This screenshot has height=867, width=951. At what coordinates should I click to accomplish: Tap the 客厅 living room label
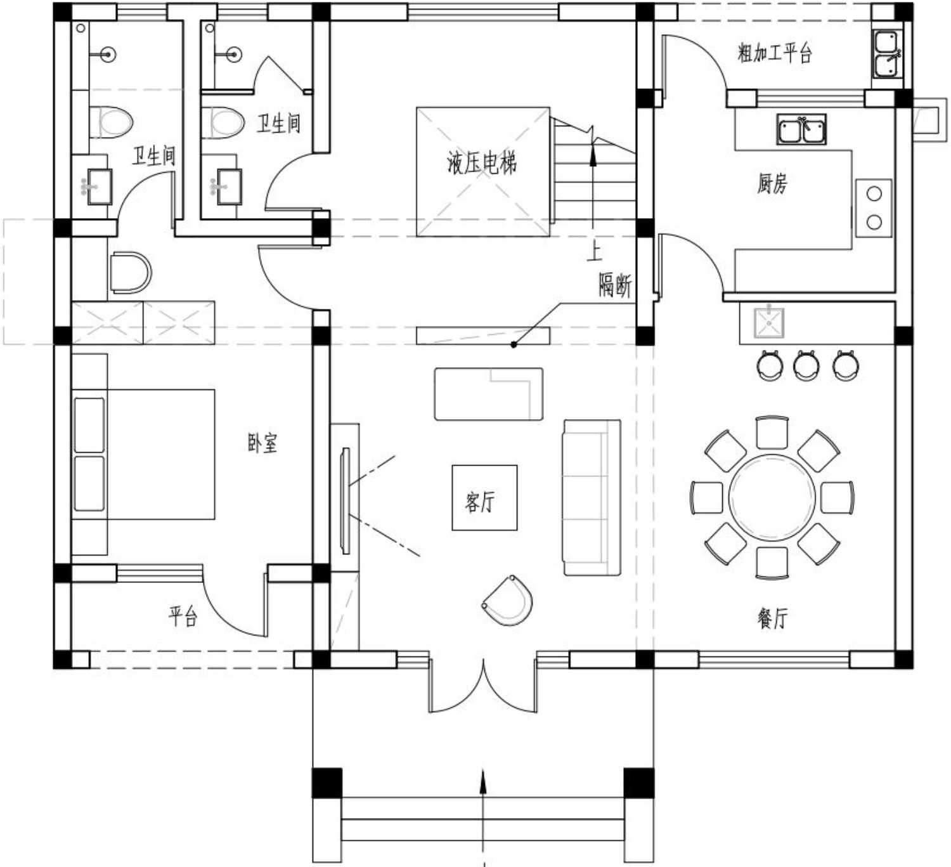[x=480, y=502]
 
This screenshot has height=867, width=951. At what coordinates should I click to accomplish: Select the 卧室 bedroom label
[x=262, y=443]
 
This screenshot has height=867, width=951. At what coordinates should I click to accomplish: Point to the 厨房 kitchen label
[x=772, y=183]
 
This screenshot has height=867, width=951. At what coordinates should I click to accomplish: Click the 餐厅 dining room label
[x=773, y=618]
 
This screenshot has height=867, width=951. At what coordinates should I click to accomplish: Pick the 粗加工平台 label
[x=775, y=53]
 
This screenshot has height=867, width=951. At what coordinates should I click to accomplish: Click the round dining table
[x=772, y=497]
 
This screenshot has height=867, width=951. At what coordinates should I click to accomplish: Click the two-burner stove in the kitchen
[x=873, y=208]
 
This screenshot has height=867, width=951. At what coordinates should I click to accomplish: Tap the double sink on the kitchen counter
[x=801, y=129]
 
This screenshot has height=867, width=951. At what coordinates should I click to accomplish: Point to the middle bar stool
[x=806, y=366]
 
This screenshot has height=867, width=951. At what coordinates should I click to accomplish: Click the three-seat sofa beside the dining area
[x=592, y=497]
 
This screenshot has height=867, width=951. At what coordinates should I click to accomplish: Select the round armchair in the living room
[x=508, y=601]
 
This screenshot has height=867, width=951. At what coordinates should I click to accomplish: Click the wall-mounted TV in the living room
[x=346, y=500]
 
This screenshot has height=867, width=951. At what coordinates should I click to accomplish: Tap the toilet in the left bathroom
[x=112, y=122]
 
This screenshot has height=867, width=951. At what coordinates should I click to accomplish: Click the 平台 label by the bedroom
[x=183, y=616]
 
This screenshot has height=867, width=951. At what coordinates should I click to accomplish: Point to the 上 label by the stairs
[x=595, y=252]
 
